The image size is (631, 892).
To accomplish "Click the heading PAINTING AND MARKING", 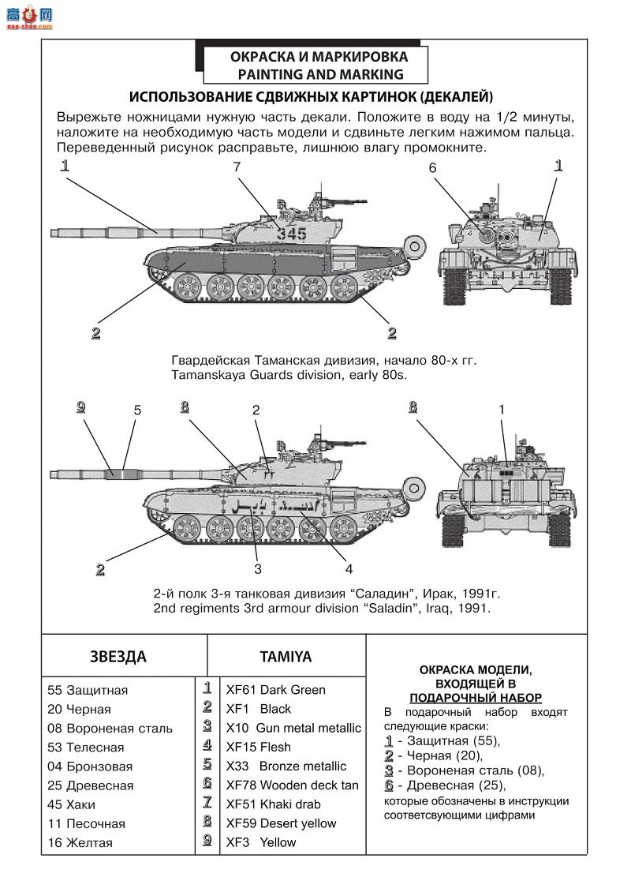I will (x=320, y=75).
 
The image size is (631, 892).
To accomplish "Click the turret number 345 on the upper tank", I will (x=292, y=233).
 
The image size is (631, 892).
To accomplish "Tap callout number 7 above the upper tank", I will (x=236, y=167).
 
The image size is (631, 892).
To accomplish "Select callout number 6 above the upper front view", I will (x=432, y=167).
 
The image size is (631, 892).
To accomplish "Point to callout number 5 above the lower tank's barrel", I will (x=137, y=410).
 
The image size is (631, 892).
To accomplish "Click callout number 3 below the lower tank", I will (x=257, y=568).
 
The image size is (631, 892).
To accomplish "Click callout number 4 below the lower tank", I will (x=349, y=568).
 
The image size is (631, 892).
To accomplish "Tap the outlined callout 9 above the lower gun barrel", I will (x=80, y=407).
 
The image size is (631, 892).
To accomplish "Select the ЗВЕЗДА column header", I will (x=118, y=657).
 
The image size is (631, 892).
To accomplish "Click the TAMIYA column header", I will (x=286, y=657).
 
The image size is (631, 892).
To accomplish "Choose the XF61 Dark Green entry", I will (x=275, y=690).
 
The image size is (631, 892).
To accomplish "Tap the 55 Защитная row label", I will (x=88, y=690).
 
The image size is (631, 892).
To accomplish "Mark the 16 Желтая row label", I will (x=80, y=842).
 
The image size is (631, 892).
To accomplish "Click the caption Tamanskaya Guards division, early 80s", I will (x=289, y=375).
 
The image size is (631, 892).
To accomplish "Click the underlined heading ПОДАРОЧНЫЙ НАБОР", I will (x=475, y=698).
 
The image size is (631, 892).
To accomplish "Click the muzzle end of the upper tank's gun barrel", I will (x=54, y=232).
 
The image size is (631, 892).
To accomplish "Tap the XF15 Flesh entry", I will (x=258, y=747).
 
